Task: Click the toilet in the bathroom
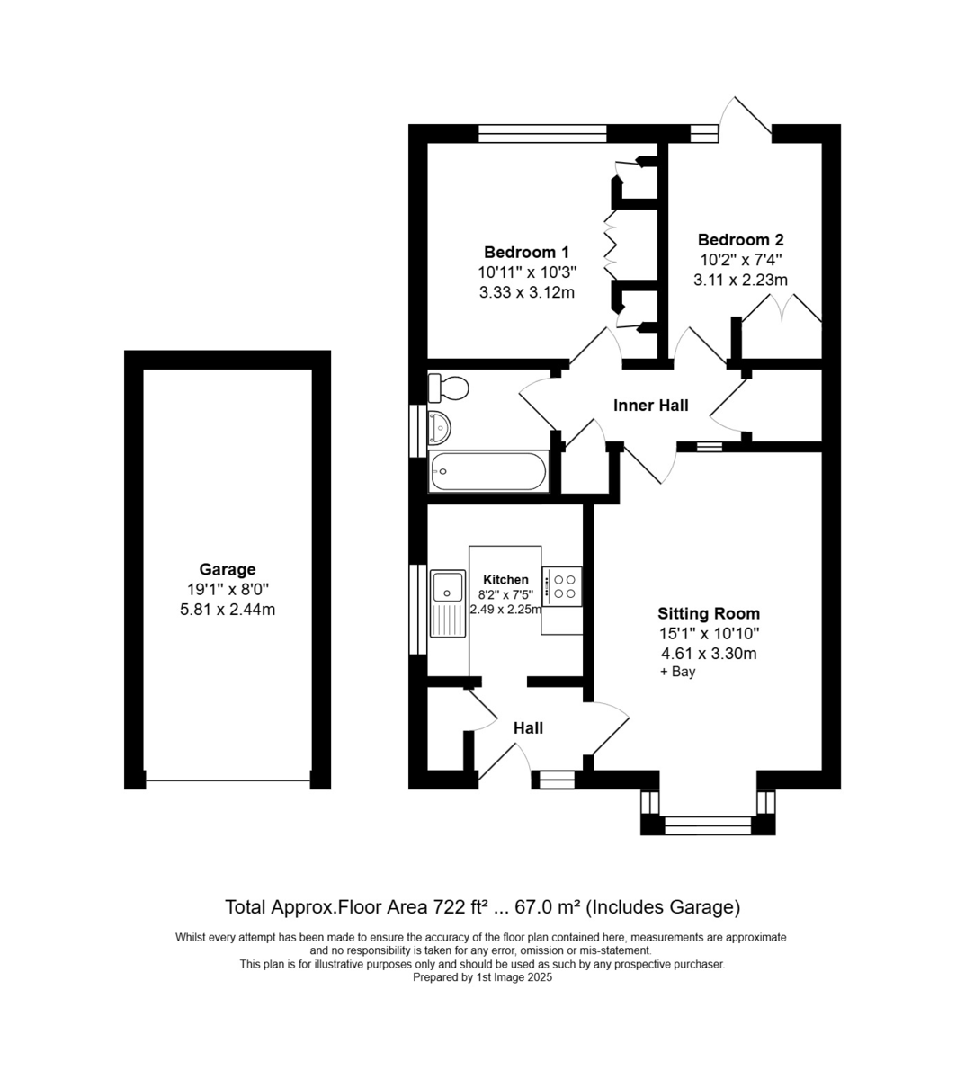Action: click(x=448, y=388)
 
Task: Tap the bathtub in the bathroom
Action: click(x=488, y=471)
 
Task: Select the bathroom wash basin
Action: click(x=440, y=427)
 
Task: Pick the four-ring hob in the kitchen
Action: click(x=562, y=586)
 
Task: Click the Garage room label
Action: click(x=228, y=569)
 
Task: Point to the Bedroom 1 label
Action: click(x=526, y=252)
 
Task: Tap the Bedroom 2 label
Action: click(x=741, y=240)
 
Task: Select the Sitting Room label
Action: click(x=709, y=613)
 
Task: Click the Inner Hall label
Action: click(x=650, y=406)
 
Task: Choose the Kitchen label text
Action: click(x=505, y=579)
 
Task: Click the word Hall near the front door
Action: click(x=528, y=728)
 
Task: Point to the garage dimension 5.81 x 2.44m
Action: click(x=228, y=610)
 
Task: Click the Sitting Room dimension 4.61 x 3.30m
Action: click(x=709, y=654)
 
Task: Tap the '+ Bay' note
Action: click(x=678, y=672)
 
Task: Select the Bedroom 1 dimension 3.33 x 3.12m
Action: click(x=526, y=292)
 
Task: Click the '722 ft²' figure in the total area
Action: click(x=459, y=907)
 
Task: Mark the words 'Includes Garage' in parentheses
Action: click(x=664, y=907)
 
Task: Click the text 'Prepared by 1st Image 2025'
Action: click(x=482, y=977)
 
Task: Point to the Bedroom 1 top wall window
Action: click(x=542, y=134)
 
